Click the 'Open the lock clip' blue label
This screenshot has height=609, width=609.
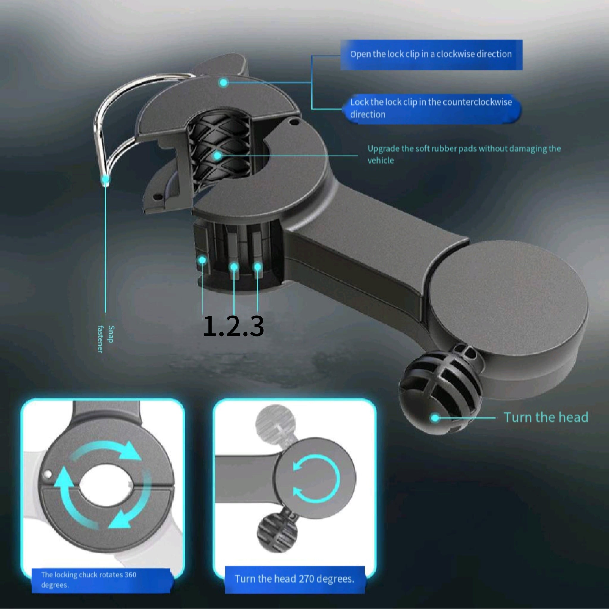click(431, 54)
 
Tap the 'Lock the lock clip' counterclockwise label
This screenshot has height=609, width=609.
click(431, 108)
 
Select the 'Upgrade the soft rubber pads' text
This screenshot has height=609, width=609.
click(464, 154)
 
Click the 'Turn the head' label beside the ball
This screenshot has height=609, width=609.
click(546, 417)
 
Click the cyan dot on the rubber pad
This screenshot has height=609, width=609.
click(217, 156)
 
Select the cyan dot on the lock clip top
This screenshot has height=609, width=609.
click(224, 83)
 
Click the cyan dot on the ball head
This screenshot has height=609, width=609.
click(435, 418)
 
